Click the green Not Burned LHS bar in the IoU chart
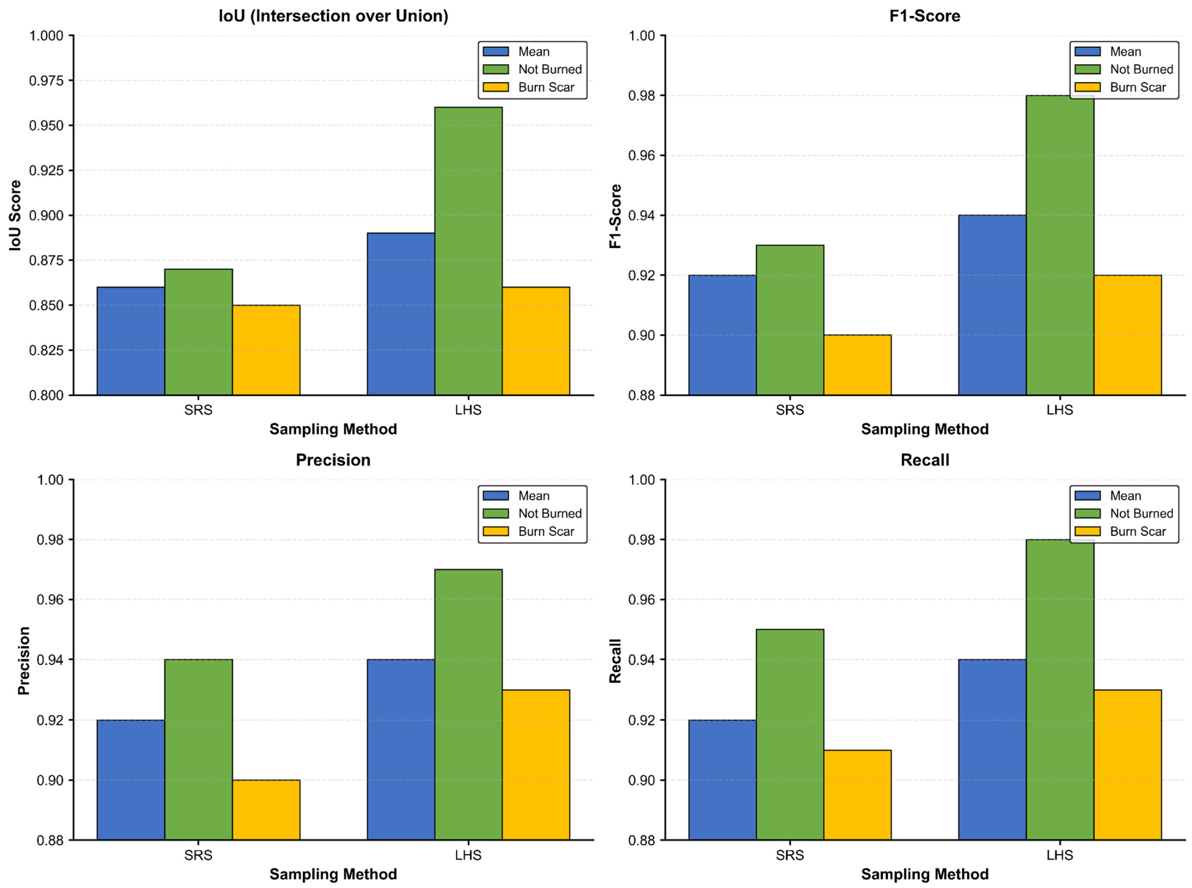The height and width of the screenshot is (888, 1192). pos(468,251)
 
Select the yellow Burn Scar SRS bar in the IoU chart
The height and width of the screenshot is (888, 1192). pos(266,350)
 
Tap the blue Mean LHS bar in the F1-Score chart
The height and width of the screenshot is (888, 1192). pos(992,305)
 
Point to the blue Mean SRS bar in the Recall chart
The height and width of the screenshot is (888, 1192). pos(722,780)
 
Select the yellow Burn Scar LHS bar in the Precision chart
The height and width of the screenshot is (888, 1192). pos(536,765)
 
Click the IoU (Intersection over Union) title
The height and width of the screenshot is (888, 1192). pos(333,16)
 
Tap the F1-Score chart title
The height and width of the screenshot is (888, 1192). pos(925,16)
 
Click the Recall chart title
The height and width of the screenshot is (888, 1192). pos(925,460)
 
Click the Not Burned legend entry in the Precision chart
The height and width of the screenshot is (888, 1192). pos(532,513)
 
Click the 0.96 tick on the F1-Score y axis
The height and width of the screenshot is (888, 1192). pos(642,155)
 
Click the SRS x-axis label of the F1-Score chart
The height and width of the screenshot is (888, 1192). pos(790,410)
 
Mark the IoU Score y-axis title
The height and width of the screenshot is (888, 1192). pos(16,215)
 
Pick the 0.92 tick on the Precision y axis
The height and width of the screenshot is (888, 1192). pos(51,720)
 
